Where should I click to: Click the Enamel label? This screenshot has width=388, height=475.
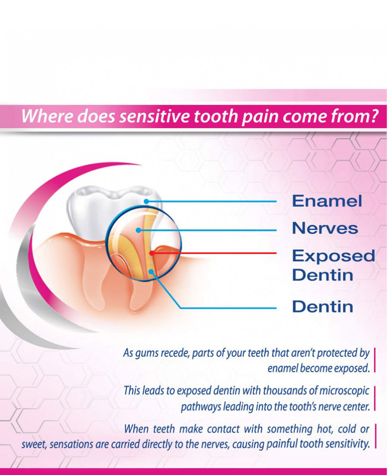[x=327, y=201]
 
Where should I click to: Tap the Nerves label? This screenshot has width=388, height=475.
[x=325, y=228]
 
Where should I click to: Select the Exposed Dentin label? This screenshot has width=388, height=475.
[x=333, y=265]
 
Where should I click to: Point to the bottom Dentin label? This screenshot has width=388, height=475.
[x=322, y=307]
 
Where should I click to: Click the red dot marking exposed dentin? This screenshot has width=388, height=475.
[x=151, y=253]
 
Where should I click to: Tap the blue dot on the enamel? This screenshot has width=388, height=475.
[x=147, y=201]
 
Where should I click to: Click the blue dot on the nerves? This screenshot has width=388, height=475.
[x=138, y=231]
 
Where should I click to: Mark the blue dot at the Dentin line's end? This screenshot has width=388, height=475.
[x=150, y=272]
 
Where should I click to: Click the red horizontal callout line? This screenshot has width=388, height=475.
[x=214, y=253]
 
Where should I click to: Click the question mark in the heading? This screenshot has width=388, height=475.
[x=373, y=116]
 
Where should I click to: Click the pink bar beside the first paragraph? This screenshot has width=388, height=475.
[x=375, y=360]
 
